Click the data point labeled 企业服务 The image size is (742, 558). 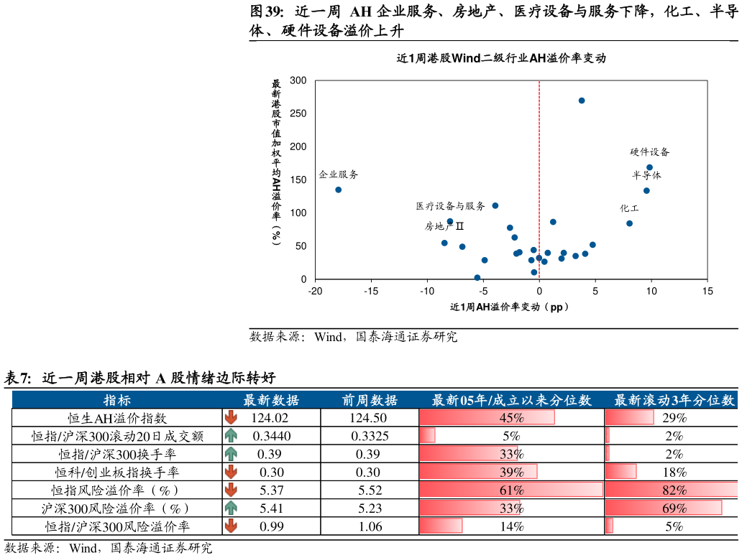pyautogui.click(x=339, y=190)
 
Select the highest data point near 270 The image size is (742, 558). pyautogui.click(x=582, y=101)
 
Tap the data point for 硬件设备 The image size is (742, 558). pyautogui.click(x=650, y=167)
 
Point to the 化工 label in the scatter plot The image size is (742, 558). pyautogui.click(x=629, y=208)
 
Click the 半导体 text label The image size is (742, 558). pyautogui.click(x=647, y=175)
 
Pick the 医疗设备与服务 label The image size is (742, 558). pyautogui.click(x=451, y=206)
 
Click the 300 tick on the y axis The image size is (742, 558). pyautogui.click(x=298, y=80)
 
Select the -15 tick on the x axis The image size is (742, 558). pyautogui.click(x=371, y=291)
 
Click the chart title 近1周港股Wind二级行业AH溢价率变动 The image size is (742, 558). pyautogui.click(x=501, y=58)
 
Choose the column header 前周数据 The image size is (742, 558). pyautogui.click(x=370, y=400)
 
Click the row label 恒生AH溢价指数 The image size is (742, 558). pyautogui.click(x=117, y=418)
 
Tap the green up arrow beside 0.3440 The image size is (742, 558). pyautogui.click(x=231, y=436)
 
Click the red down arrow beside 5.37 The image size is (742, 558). pyautogui.click(x=231, y=490)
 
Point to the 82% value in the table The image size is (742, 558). pyautogui.click(x=674, y=490)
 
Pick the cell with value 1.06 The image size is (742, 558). pyautogui.click(x=370, y=526)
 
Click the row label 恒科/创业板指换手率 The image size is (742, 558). pyautogui.click(x=117, y=472)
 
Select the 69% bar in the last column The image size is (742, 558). pyautogui.click(x=664, y=508)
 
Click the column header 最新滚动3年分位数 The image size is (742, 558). pyautogui.click(x=674, y=400)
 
